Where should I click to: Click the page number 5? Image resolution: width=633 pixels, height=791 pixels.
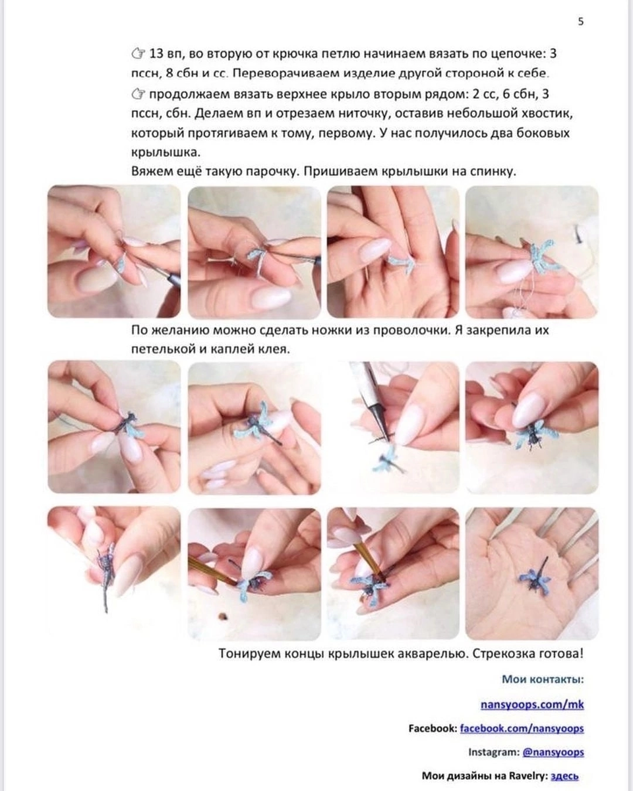580,21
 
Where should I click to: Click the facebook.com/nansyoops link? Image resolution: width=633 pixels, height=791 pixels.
522,728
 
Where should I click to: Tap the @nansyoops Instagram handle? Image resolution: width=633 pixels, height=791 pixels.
553,752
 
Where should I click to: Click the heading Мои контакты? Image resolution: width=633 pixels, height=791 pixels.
543,679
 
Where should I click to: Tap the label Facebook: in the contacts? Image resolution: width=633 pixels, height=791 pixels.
432,728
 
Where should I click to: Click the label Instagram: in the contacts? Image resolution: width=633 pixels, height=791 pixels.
493,752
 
